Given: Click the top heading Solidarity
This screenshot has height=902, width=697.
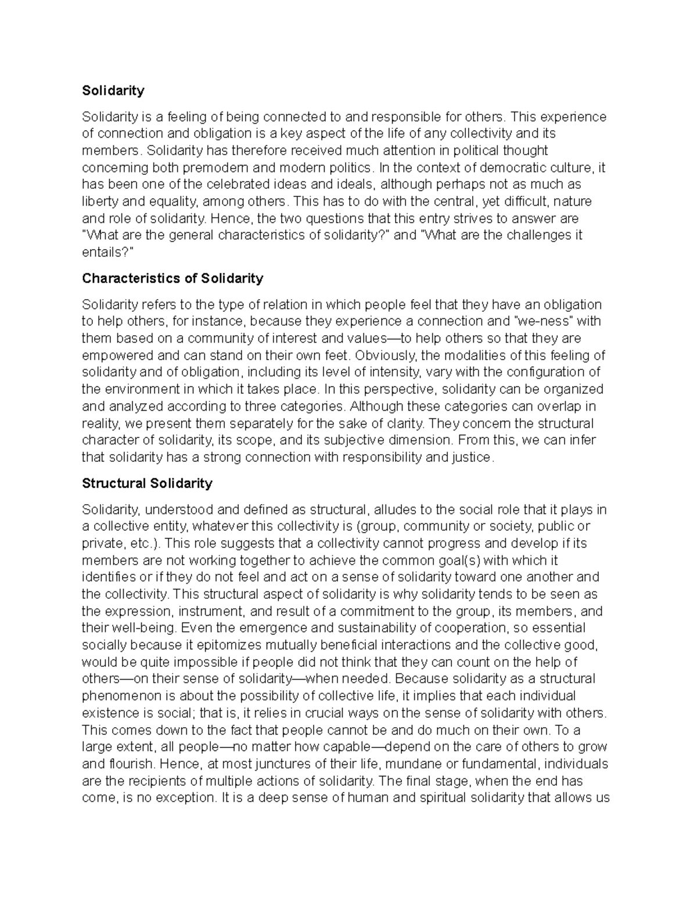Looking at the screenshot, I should pos(113,91).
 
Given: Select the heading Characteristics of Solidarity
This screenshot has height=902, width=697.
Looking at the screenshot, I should pos(173,278).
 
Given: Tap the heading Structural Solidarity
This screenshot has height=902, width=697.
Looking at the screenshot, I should pos(147,483).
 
